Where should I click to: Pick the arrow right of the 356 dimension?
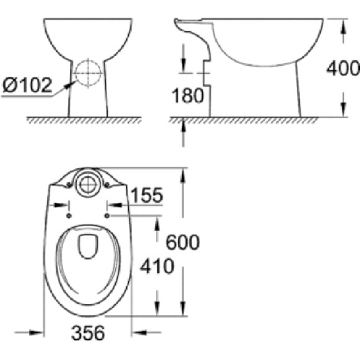137,333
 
